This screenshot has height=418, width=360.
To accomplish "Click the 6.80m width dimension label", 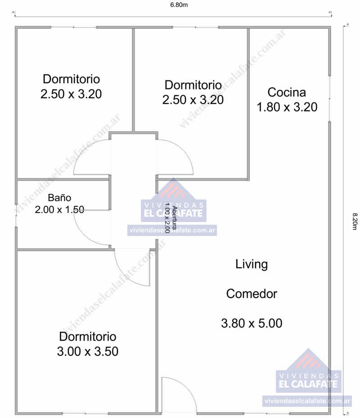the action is tap(179, 5).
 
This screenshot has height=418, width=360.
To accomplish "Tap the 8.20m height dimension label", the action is tap(355, 221).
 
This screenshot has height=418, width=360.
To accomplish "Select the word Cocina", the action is tap(287, 92).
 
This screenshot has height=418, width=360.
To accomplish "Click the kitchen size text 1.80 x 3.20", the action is tap(287, 107).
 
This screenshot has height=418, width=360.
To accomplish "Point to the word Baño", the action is tap(59, 197).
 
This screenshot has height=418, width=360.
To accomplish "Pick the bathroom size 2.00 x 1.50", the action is tap(59, 209).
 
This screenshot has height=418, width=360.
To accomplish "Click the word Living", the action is tap(252, 264).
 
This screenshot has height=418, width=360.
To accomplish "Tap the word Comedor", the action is tap(252, 294).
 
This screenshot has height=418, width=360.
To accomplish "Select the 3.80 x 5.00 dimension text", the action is tap(252, 323).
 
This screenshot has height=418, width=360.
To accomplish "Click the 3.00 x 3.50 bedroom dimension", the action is tap(88, 351).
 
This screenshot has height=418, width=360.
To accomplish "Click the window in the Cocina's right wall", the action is tap(330, 98).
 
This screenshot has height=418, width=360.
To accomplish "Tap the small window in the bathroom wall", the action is tap(16, 216).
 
